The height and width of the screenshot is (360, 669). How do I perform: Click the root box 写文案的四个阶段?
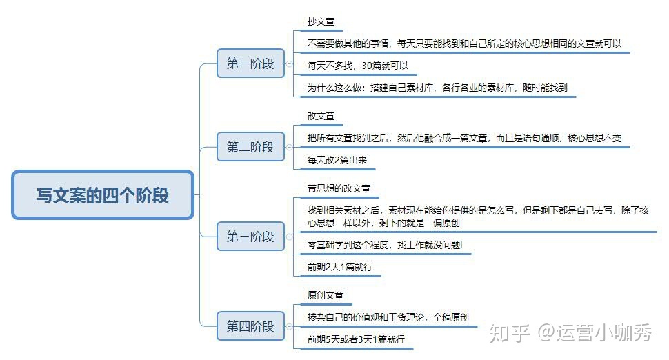coord(103,195)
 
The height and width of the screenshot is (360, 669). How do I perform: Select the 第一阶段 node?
coord(250,63)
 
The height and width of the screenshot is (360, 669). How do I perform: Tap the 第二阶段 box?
coord(250,147)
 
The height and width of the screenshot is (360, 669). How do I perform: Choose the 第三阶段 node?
coord(250,237)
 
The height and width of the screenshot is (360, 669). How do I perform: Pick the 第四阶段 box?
coord(250,326)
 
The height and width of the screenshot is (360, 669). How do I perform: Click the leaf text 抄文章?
coord(321,21)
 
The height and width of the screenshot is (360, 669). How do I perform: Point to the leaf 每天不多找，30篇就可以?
coord(357,66)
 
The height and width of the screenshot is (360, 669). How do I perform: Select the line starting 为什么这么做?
coord(437,88)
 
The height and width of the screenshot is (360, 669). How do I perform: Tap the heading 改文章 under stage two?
coord(321,116)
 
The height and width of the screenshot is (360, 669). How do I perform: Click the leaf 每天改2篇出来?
coord(337,160)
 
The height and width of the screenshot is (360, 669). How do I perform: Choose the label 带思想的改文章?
coord(339,188)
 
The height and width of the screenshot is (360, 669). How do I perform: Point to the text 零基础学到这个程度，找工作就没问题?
coord(384,245)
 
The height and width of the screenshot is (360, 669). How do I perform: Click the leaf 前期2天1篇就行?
coord(339,267)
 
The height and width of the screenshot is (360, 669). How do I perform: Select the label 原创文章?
coord(325,295)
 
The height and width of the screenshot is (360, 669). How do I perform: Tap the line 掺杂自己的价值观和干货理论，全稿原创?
coord(388,317)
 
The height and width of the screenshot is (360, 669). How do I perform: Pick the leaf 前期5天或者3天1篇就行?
coord(356,339)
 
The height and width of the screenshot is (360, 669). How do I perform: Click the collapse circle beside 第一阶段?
coord(289,63)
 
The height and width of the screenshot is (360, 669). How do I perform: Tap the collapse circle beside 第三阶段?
coord(289,237)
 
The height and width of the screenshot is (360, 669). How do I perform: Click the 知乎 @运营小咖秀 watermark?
coord(570,332)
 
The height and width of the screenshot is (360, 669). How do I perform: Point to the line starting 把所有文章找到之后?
coord(464,138)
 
